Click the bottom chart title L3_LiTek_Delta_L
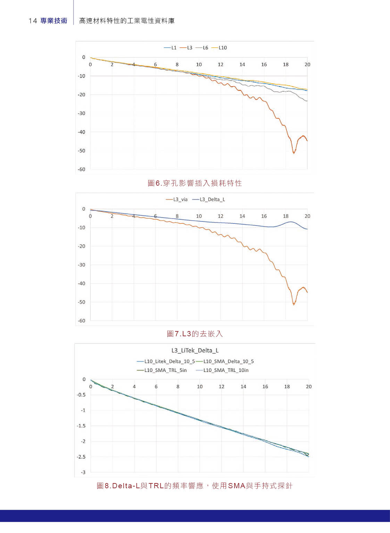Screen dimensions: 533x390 click(x=195, y=350)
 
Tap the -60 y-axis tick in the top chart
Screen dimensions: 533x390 click(x=81, y=169)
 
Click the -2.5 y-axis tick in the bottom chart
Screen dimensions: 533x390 click(x=81, y=457)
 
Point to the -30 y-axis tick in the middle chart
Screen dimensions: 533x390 click(x=81, y=265)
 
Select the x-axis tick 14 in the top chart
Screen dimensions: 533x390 click(x=242, y=65)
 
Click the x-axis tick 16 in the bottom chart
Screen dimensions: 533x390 click(x=265, y=387)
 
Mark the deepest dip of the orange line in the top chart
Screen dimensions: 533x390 click(x=294, y=153)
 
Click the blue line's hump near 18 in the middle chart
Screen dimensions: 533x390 click(x=291, y=222)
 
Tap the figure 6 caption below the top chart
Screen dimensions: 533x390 click(x=194, y=183)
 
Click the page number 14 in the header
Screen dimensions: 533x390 click(x=33, y=21)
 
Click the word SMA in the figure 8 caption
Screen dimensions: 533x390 click(x=237, y=486)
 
